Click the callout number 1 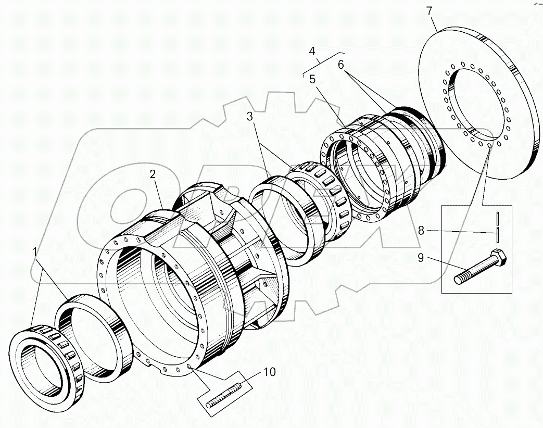pyautogui.click(x=35, y=253)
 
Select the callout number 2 pyautogui.click(x=153, y=175)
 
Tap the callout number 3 pyautogui.click(x=250, y=117)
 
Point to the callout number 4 pyautogui.click(x=312, y=51)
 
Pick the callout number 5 pyautogui.click(x=312, y=79)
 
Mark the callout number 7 pyautogui.click(x=429, y=11)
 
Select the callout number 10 pyautogui.click(x=269, y=372)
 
